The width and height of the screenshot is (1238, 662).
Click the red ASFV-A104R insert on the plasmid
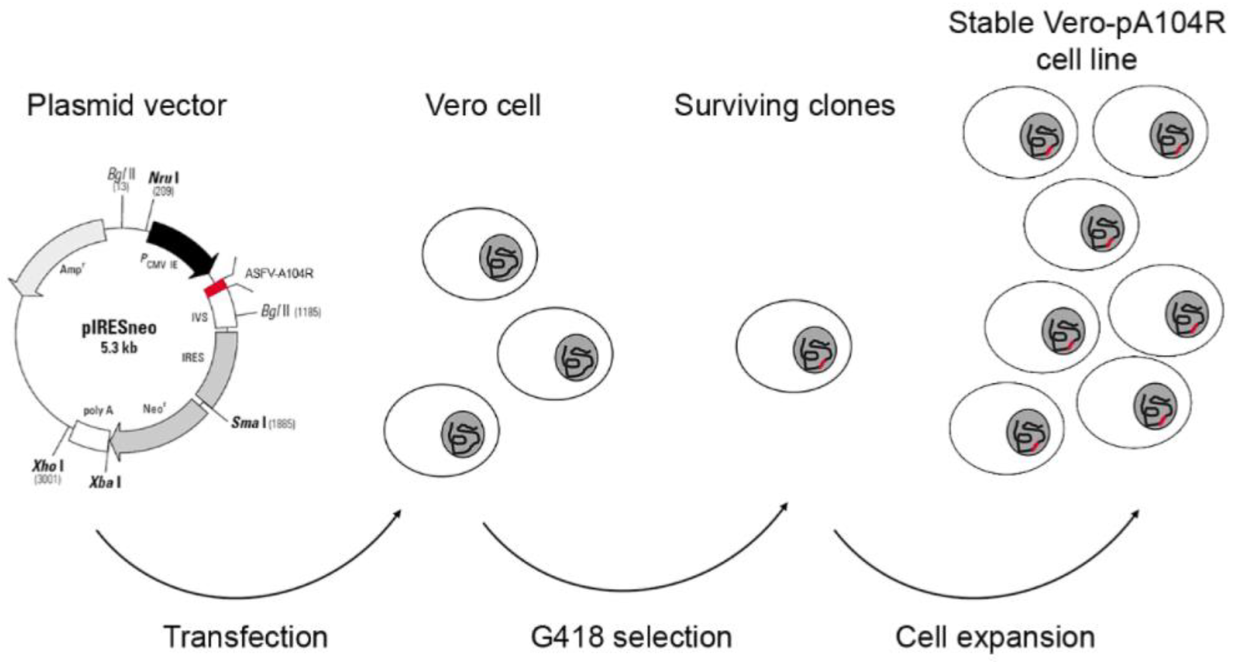coord(215,289)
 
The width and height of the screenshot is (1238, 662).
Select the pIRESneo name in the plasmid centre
coord(119,328)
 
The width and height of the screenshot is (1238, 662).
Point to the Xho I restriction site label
coord(48,466)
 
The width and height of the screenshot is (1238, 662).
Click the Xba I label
coord(105,482)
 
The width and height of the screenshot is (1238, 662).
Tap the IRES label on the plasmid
coord(193,358)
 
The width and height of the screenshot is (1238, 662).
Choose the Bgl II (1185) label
coord(290,312)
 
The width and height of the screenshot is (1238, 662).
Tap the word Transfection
coord(246,637)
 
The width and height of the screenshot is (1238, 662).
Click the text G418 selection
coord(631,637)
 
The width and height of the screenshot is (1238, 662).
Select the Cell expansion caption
coord(995,637)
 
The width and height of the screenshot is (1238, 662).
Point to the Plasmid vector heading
coord(127,106)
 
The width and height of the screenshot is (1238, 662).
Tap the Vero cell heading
coord(483,106)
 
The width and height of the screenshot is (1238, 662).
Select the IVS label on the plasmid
coord(200,317)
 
